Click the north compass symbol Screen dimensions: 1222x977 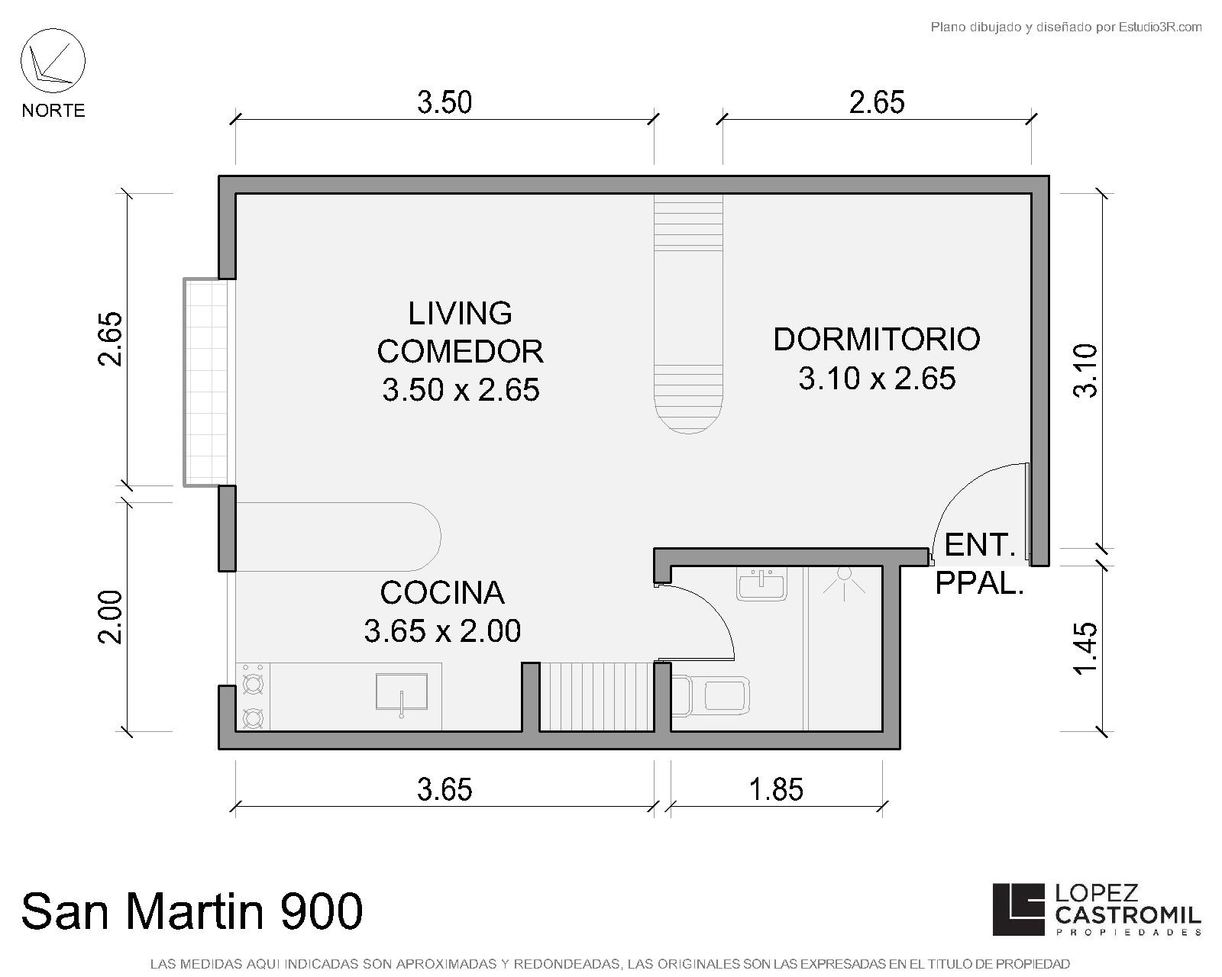[x=53, y=60]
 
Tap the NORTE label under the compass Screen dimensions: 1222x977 [x=53, y=110]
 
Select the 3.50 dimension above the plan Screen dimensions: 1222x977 [x=445, y=103]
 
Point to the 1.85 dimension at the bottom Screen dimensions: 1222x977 [x=776, y=790]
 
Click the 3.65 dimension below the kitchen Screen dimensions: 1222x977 [x=445, y=790]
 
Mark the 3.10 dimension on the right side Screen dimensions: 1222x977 [x=1085, y=371]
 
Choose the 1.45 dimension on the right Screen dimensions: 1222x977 [x=1085, y=649]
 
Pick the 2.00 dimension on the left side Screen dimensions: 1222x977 [x=110, y=617]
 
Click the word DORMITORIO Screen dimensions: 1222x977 [x=877, y=340]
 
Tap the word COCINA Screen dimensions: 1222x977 [x=442, y=592]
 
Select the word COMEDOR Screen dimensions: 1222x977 [x=460, y=352]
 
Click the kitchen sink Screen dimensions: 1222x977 [x=402, y=692]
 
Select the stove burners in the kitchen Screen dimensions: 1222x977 [x=253, y=698]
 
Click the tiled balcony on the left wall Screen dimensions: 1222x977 [x=205, y=382]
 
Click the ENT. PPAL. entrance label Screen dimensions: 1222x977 [x=980, y=564]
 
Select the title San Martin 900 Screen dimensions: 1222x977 [x=192, y=911]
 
